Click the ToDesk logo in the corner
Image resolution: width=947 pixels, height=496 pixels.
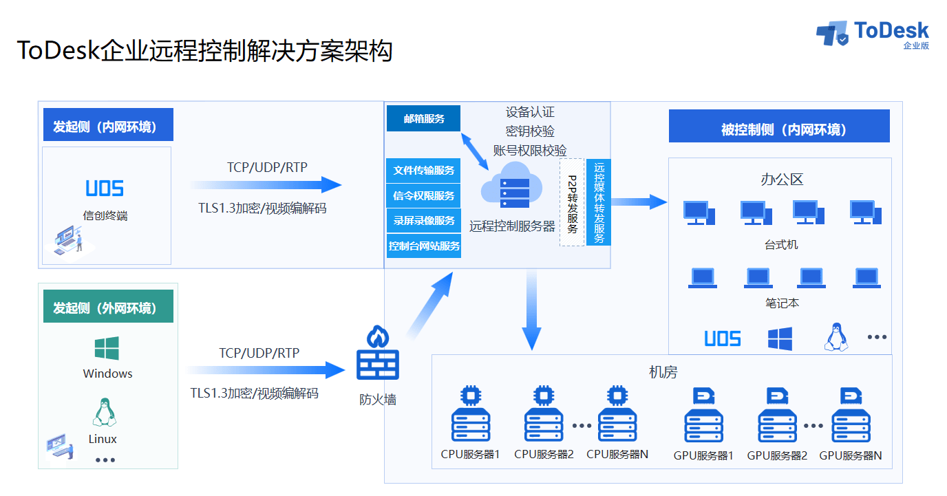[x=872, y=34]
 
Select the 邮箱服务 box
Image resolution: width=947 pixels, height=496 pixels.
[x=423, y=118]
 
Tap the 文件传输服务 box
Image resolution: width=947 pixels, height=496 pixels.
[x=423, y=170]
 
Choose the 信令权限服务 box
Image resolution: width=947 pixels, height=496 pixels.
[x=423, y=195]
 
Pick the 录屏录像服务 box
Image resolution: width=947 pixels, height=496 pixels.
[x=423, y=221]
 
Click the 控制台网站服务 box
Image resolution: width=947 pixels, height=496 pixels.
[x=424, y=246]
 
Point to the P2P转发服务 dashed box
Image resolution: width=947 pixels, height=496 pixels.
[x=572, y=202]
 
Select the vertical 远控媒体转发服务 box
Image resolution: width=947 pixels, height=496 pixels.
[x=599, y=202]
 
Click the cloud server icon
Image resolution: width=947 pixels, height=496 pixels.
[x=512, y=186]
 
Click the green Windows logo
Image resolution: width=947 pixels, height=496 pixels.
[x=107, y=347]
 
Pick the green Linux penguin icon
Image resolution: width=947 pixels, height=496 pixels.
[x=104, y=412]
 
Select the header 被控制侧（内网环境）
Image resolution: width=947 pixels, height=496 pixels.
[x=779, y=127]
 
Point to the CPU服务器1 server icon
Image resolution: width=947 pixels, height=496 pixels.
[x=471, y=413]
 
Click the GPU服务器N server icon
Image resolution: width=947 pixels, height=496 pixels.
[x=851, y=414]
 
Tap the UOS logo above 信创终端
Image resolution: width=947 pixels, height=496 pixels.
[x=105, y=188]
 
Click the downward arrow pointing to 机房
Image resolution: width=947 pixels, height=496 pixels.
[x=531, y=310]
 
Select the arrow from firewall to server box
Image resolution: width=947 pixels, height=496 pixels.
[x=430, y=305]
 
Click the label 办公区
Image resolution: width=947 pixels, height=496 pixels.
[x=782, y=180]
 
